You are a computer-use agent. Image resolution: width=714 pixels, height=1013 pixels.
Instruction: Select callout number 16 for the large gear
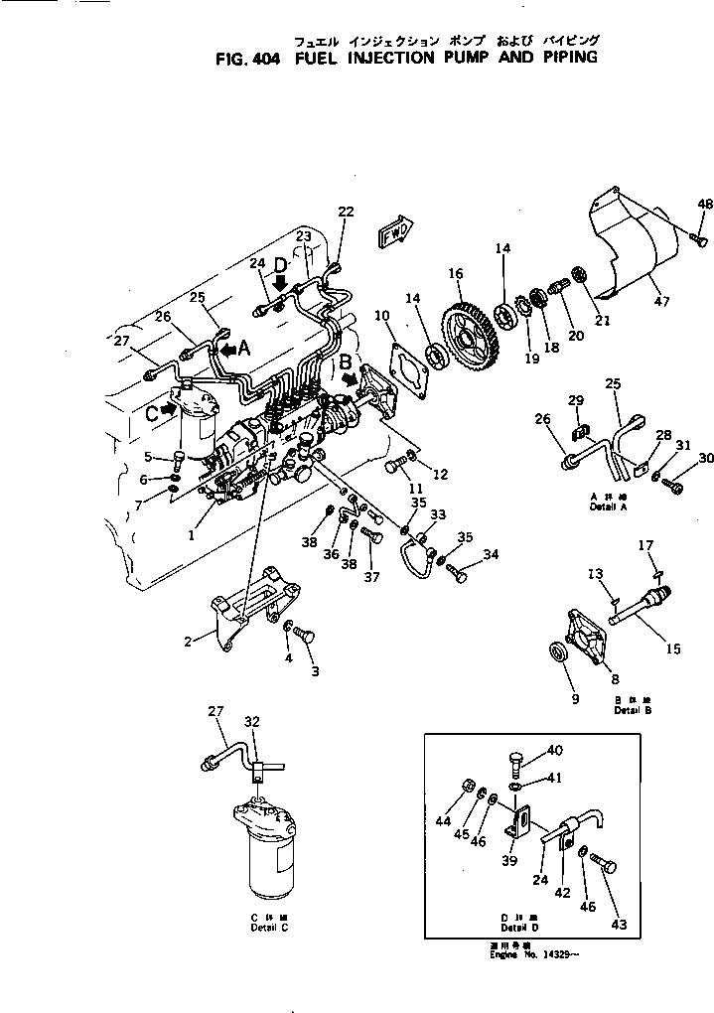[x=455, y=272]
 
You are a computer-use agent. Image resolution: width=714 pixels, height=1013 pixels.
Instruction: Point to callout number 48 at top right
[x=704, y=204]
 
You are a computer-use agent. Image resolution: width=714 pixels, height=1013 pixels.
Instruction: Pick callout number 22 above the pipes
[x=345, y=211]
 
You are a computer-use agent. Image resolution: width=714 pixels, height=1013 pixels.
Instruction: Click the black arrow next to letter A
[x=227, y=350]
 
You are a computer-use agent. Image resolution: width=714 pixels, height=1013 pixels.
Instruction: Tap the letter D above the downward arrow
[x=280, y=264]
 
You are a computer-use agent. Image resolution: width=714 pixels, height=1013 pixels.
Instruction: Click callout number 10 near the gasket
[x=381, y=316]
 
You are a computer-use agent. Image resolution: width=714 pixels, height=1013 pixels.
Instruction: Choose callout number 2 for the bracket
[x=187, y=643]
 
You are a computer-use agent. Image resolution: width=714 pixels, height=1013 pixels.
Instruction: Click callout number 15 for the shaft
[x=672, y=650]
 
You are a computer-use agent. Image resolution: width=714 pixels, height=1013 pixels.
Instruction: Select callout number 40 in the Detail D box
[x=554, y=751]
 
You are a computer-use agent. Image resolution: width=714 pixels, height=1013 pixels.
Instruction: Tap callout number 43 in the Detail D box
[x=619, y=926]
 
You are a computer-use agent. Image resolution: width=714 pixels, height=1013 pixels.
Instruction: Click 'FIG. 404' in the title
[x=247, y=58]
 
